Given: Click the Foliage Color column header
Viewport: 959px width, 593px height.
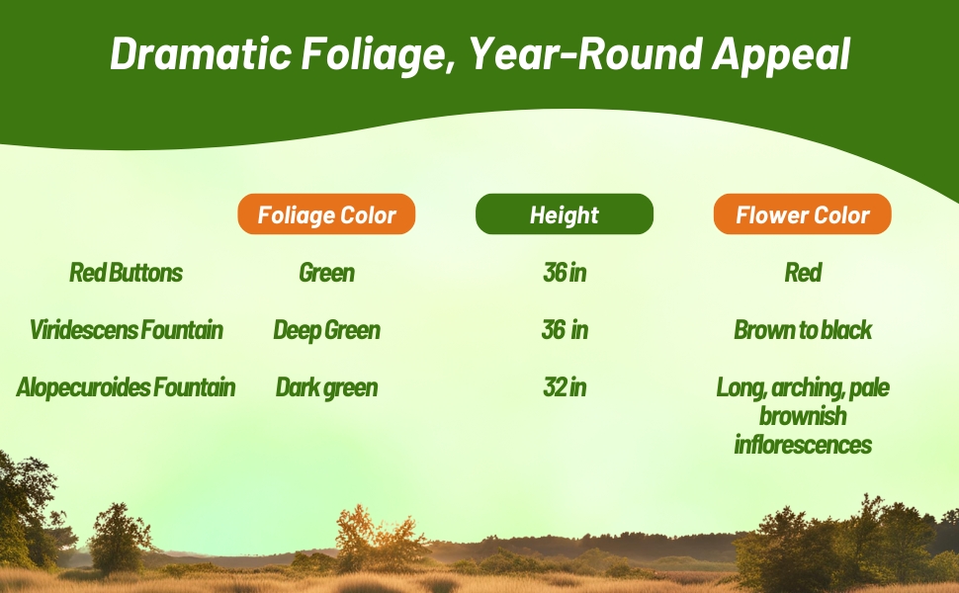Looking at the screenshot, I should click(x=326, y=214).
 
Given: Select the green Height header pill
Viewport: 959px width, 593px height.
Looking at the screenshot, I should click(x=564, y=214).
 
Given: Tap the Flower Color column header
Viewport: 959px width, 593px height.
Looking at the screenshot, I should click(x=802, y=214).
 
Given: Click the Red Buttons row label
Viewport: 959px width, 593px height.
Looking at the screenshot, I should click(x=126, y=273).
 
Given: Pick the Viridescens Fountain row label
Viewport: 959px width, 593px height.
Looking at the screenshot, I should click(x=126, y=330).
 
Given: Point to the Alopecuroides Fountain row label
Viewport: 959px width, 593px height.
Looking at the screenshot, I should click(x=126, y=387).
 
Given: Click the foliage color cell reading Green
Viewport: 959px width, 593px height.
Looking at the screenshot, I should click(x=326, y=273).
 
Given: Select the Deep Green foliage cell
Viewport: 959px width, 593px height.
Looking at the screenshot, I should click(x=326, y=330).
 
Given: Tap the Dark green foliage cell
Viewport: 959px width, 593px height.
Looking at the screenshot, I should click(x=326, y=387).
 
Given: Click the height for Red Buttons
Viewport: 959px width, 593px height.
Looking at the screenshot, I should click(x=564, y=273).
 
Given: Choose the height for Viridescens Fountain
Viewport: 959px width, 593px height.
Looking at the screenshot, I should click(x=564, y=330).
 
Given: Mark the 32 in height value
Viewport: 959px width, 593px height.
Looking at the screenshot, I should click(x=564, y=387).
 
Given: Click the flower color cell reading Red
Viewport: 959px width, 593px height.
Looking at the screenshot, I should click(x=802, y=273).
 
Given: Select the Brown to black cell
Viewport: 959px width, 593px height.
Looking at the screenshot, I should click(x=802, y=330).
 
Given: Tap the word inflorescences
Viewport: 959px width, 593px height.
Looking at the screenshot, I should click(x=802, y=445).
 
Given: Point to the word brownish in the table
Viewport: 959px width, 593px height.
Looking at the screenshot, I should click(x=802, y=416).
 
